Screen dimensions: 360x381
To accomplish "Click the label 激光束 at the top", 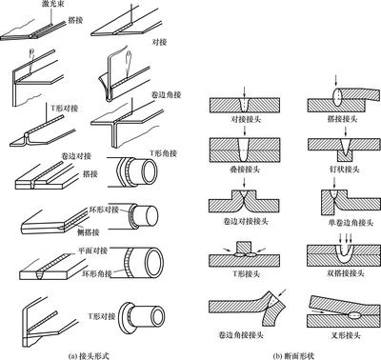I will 60,8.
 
